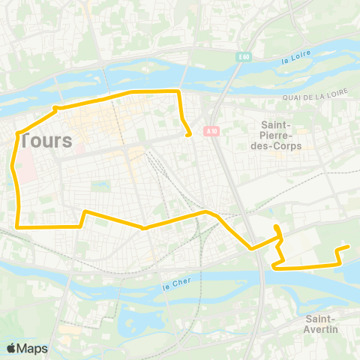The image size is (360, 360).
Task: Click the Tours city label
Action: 46,140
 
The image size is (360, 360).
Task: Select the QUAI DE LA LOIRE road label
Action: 316,95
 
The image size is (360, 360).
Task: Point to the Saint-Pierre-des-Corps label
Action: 281,136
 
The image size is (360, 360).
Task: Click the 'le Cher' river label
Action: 172,286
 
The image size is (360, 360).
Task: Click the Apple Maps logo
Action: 27,348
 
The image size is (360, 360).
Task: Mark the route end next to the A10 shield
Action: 189,135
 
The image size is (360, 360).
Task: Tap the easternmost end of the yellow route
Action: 348,247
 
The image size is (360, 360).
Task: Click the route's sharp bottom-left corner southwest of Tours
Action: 17,225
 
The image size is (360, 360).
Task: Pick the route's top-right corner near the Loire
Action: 178,91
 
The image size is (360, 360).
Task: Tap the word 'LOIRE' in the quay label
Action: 337,95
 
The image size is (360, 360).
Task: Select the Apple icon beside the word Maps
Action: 11,348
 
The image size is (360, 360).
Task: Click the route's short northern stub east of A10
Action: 277,229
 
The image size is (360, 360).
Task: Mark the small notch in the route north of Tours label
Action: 55,109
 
